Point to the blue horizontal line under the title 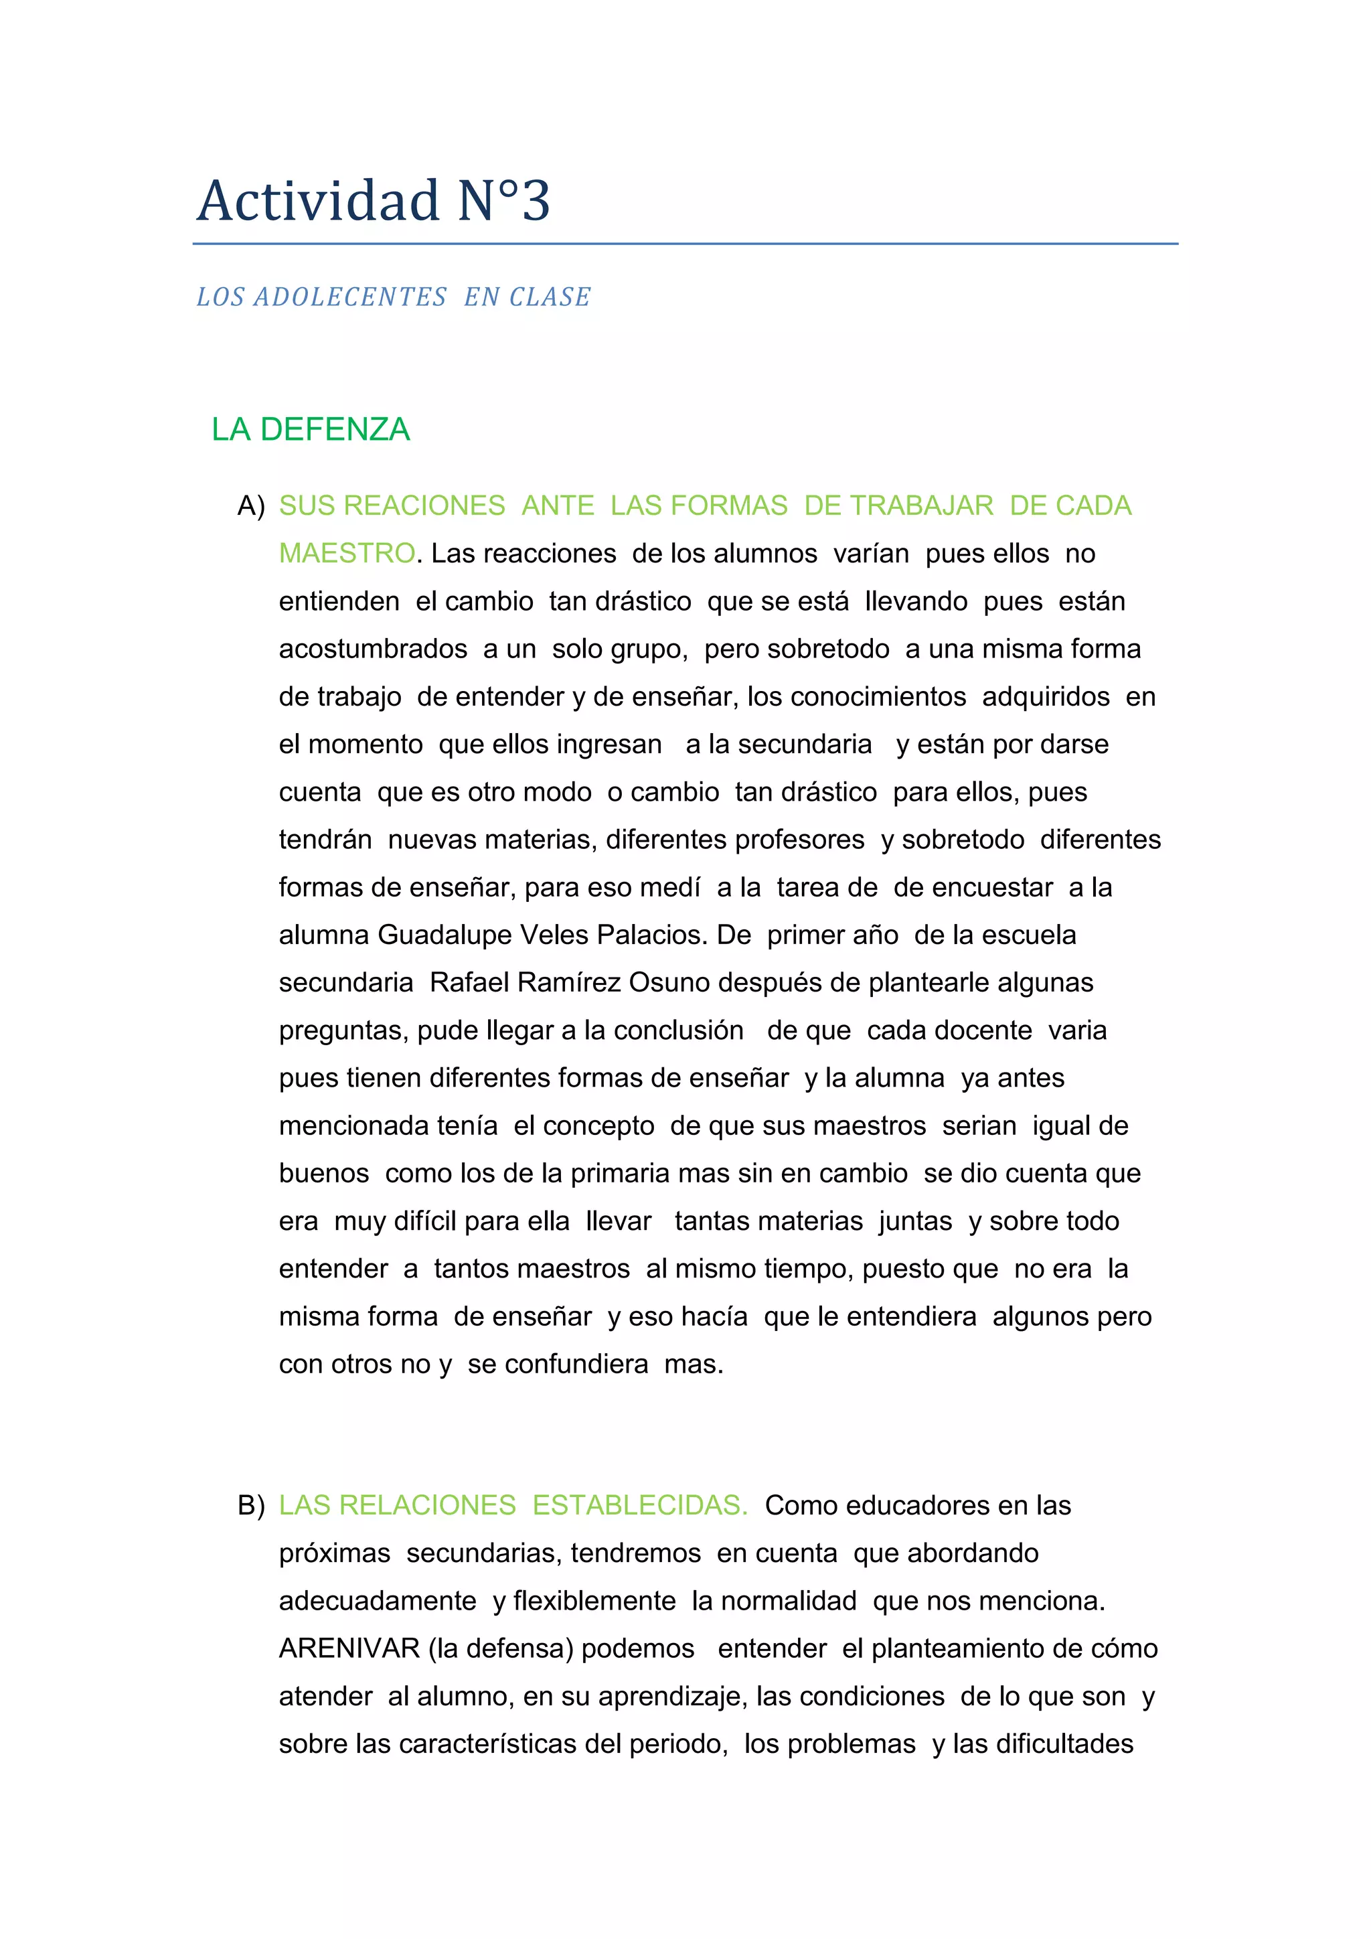(x=685, y=244)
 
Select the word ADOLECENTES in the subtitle (x=350, y=297)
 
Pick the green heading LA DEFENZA (x=311, y=430)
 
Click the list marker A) (x=251, y=506)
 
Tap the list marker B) (x=251, y=1506)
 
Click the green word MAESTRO (x=347, y=554)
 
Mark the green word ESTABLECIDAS (x=640, y=1506)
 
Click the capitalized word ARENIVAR (x=349, y=1648)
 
